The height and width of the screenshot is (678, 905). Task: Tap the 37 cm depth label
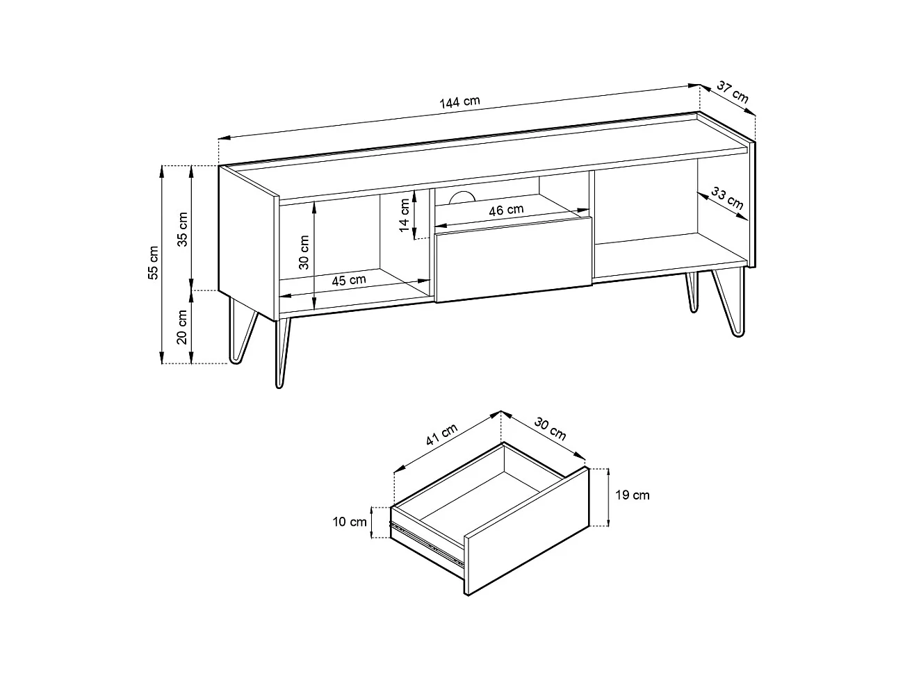pos(733,92)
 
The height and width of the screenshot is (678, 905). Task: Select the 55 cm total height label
pos(153,263)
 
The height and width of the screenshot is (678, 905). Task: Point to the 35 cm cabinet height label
pos(182,229)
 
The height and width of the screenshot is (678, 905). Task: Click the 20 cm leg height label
pos(182,327)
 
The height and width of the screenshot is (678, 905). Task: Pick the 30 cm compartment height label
pos(304,252)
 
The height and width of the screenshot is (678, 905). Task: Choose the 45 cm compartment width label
pos(349,281)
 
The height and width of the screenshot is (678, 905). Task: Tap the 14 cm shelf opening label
pos(405,215)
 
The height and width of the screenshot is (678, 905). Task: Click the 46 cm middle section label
pos(506,210)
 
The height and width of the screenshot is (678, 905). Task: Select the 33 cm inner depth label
pos(728,198)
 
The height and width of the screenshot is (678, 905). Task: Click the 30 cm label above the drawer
pos(550,429)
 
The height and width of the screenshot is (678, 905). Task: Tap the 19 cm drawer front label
pos(633,495)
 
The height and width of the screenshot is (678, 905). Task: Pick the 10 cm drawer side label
pos(350,522)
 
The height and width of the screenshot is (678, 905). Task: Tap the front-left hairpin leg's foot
pos(279,385)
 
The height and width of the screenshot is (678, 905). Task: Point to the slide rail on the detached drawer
pos(427,543)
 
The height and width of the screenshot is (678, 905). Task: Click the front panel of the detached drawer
pos(527,531)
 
